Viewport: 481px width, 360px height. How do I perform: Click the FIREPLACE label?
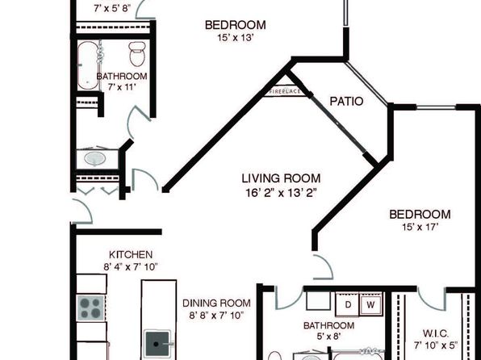pos(285,91)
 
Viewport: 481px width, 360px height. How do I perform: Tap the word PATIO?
pos(346,101)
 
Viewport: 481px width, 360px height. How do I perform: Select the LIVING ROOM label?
pos(281,178)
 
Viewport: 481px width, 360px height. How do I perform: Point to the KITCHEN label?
pos(131,254)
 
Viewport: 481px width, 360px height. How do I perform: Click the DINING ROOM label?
pos(216,303)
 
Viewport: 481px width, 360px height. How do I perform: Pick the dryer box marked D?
pos(348,304)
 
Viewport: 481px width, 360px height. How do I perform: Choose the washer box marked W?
pos(371,305)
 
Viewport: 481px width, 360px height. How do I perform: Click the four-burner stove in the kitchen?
pos(91,308)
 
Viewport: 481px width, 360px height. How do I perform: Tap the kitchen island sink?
pos(157,344)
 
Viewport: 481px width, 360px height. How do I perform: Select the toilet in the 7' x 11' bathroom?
pos(137,53)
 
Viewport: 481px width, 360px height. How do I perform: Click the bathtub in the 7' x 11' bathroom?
pos(88,65)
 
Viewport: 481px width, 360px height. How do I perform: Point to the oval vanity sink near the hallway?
pos(95,159)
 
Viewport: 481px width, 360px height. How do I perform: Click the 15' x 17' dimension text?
pos(420,227)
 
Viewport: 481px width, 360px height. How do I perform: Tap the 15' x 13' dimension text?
pos(236,38)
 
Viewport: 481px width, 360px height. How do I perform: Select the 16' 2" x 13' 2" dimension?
pos(281,193)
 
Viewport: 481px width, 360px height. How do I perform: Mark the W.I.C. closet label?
pos(436,333)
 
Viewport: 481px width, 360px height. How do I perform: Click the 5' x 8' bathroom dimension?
pos(328,337)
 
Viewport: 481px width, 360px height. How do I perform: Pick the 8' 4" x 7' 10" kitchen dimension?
pos(131,267)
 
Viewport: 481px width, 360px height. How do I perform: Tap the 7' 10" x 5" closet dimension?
pos(436,345)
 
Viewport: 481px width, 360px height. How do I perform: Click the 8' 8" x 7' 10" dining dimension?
pos(216,315)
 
